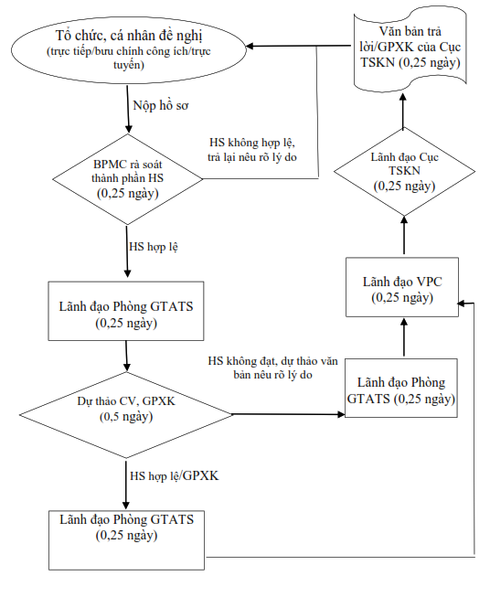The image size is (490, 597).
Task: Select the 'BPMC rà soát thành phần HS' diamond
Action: point(128,179)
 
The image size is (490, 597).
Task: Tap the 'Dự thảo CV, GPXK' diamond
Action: point(126,415)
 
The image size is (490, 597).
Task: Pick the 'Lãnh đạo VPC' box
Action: point(402,287)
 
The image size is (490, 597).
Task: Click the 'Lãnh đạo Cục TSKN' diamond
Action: point(404,171)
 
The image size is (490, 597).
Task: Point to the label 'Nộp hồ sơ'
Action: point(161,105)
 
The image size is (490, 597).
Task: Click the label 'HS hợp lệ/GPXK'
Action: point(175,476)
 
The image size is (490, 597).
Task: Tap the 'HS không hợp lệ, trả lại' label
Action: point(252,150)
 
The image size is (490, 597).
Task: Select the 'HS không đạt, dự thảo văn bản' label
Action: point(273,368)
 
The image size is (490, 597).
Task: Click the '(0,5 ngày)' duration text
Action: point(126,417)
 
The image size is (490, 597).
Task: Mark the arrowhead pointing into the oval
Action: point(250,47)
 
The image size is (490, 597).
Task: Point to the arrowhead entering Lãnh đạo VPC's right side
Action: point(462,304)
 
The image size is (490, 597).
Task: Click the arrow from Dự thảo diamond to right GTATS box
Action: point(288,414)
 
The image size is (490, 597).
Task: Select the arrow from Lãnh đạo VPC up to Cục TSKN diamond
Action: point(404,235)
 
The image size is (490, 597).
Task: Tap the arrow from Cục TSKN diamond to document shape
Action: point(403,111)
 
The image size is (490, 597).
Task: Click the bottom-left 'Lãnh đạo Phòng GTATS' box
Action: point(126,540)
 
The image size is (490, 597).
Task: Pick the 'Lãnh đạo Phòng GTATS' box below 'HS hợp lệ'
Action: point(126,311)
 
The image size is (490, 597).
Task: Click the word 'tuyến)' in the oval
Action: point(129,65)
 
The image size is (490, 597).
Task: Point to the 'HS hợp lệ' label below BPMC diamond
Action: point(154,247)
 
